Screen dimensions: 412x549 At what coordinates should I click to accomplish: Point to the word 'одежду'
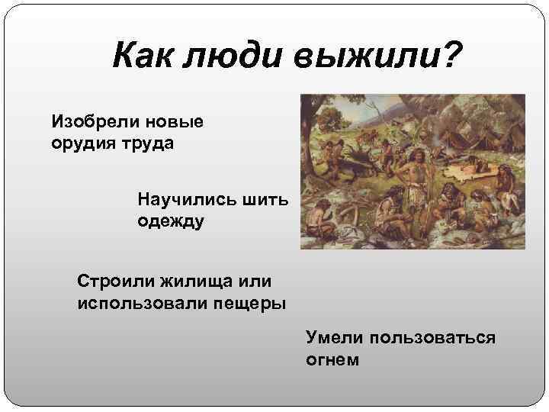click(172, 220)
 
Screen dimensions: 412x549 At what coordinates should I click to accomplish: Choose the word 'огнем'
click(332, 358)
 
